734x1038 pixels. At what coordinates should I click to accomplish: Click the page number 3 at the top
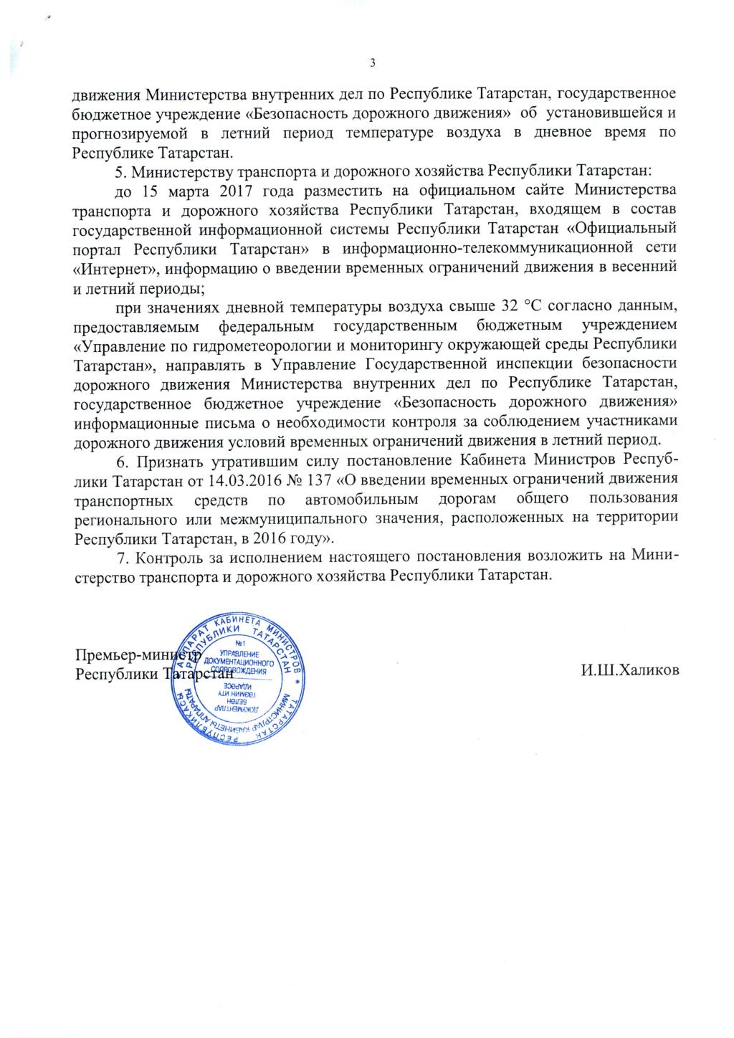click(x=373, y=62)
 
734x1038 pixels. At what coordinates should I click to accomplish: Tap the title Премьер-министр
click(x=136, y=654)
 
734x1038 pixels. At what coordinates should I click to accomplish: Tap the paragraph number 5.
click(x=119, y=172)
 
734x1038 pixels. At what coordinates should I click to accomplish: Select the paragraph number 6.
click(x=120, y=460)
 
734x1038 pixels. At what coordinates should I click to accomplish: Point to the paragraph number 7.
click(x=120, y=557)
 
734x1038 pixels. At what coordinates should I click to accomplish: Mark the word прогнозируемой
click(x=123, y=133)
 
